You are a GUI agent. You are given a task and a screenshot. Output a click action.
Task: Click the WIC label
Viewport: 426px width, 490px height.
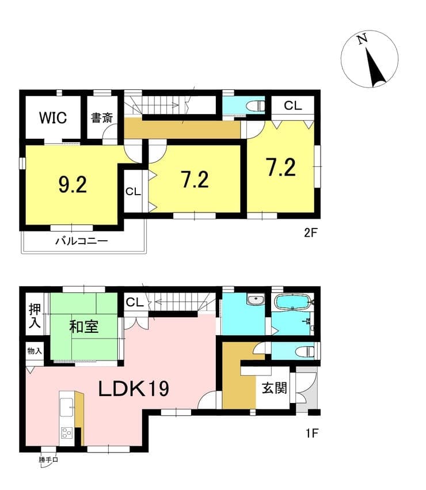(53, 118)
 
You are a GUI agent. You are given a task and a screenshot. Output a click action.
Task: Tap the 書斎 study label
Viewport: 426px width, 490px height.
(102, 118)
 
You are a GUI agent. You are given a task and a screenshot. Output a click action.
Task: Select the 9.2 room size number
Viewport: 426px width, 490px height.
(73, 185)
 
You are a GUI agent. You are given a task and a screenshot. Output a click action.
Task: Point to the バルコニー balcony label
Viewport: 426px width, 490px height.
(82, 241)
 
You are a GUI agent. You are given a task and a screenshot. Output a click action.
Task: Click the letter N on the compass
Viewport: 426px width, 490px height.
(362, 39)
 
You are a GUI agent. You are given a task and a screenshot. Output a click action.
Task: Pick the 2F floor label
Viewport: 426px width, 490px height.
(311, 233)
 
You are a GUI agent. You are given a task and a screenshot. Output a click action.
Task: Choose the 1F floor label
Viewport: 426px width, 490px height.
(312, 433)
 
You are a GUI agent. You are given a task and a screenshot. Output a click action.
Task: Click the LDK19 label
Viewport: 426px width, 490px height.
(134, 389)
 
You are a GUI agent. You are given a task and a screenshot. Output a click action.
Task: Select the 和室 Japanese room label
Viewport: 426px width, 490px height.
(84, 327)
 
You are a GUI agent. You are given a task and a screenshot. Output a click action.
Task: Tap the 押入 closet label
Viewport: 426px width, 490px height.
(35, 316)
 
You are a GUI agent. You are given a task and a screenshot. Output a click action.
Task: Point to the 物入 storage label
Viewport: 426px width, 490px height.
(35, 351)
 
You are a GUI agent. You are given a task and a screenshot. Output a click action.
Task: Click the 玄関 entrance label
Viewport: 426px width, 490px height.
(274, 388)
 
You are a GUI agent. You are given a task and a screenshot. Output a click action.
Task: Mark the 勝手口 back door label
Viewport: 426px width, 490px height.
(48, 459)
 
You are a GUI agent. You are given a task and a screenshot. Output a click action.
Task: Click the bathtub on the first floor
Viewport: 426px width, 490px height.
(292, 302)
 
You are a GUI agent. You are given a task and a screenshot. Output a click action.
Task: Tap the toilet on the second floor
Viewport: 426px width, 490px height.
(256, 107)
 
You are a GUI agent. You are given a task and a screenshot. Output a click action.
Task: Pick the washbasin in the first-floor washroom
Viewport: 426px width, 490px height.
(256, 300)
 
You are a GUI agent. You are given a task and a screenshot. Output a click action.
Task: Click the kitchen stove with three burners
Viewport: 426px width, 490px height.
(67, 433)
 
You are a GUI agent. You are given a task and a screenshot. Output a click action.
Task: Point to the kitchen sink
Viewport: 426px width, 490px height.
(67, 407)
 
